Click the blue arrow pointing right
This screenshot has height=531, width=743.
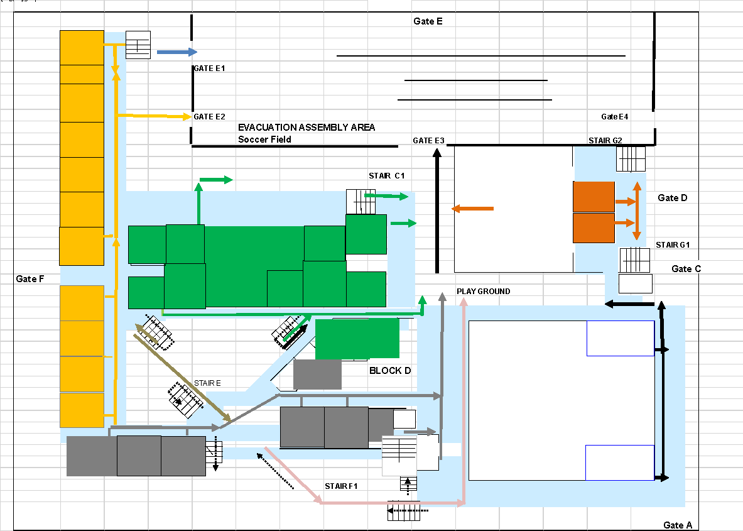176,52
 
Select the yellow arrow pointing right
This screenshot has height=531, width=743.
160,116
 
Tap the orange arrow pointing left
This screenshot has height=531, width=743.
472,209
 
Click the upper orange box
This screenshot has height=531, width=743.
594,197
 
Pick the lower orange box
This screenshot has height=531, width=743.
594,227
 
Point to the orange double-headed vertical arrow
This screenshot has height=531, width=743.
637,211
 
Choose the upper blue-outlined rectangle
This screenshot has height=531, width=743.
620,338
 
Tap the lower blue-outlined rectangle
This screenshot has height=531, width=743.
620,463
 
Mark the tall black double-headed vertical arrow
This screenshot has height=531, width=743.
661,393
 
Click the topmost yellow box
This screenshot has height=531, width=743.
82,48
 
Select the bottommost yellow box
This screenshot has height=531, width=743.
82,410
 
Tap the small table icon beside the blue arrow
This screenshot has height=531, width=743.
138,45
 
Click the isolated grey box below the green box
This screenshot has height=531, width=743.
317,375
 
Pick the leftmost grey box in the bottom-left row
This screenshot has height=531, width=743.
92,456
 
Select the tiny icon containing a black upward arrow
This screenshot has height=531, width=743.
408,483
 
